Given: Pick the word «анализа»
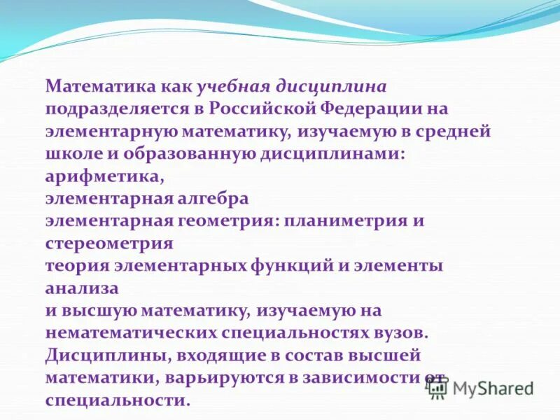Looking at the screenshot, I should pos(82,288).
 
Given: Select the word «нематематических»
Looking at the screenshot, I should pos(132,332).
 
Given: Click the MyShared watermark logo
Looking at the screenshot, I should pos(483,387).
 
